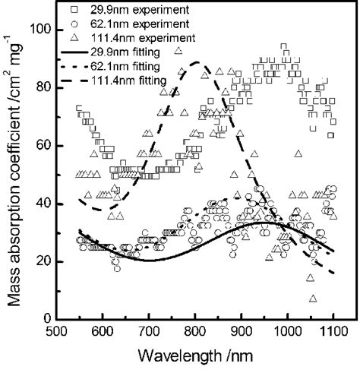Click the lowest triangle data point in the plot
(313, 299)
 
